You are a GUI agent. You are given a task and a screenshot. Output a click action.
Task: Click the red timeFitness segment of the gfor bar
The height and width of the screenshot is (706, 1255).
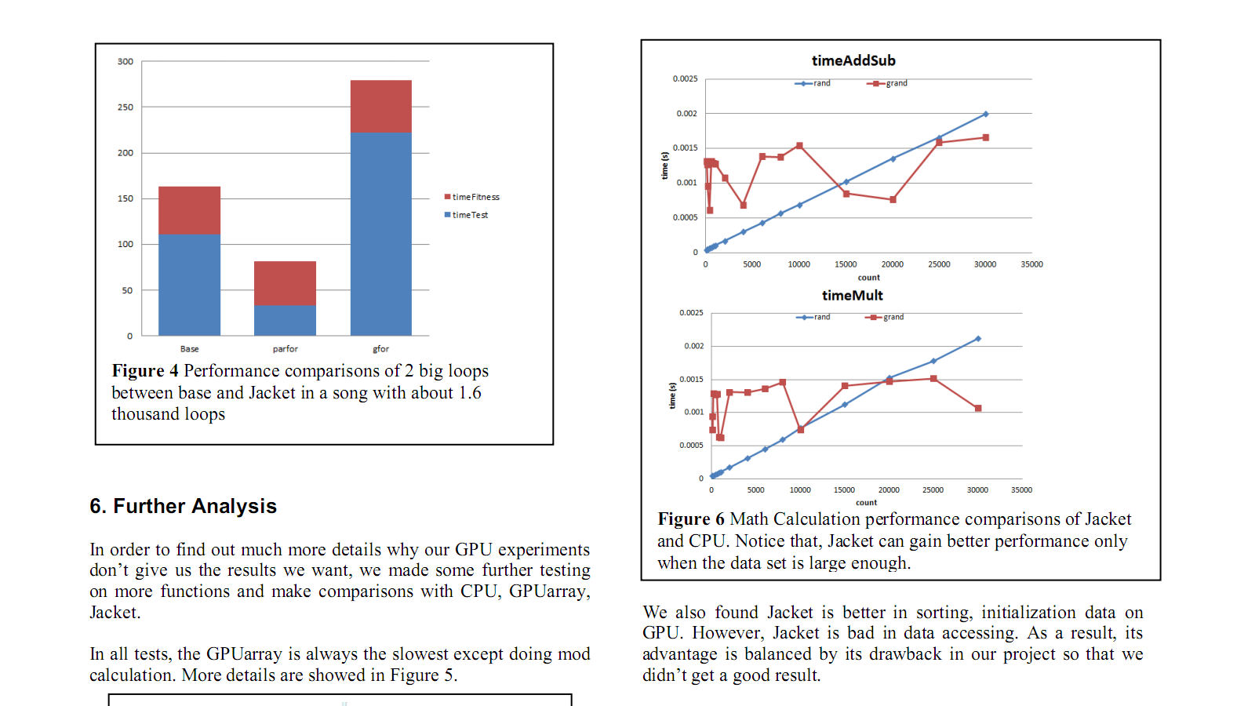pyautogui.click(x=380, y=107)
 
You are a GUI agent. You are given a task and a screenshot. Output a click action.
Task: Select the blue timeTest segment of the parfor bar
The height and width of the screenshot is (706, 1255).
pyautogui.click(x=285, y=320)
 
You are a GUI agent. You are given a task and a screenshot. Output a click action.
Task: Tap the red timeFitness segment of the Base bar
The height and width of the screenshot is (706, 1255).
pyautogui.click(x=189, y=210)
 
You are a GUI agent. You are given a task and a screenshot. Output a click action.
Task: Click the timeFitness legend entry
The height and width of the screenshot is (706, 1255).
pyautogui.click(x=471, y=197)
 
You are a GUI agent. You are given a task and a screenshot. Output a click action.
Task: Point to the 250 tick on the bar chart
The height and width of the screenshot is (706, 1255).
pyautogui.click(x=125, y=107)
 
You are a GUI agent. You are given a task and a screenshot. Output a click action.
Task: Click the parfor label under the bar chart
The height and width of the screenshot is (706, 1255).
pyautogui.click(x=285, y=349)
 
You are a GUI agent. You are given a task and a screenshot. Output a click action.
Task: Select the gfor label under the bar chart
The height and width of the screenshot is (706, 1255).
pyautogui.click(x=380, y=349)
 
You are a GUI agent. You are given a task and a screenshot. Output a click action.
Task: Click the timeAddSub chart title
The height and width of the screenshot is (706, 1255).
pyautogui.click(x=853, y=60)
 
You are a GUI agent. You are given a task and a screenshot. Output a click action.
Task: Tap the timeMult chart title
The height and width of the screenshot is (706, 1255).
pyautogui.click(x=852, y=296)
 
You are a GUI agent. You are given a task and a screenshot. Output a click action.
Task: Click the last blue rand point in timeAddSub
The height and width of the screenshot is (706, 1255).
pyautogui.click(x=985, y=115)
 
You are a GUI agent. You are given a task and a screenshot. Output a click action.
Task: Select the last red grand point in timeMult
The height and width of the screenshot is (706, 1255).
pyautogui.click(x=977, y=408)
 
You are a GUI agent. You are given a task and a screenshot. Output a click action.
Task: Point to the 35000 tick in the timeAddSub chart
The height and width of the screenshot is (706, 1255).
pyautogui.click(x=1031, y=264)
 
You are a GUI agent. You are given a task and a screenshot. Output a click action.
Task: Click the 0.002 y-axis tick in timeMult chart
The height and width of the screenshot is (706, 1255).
pyautogui.click(x=693, y=346)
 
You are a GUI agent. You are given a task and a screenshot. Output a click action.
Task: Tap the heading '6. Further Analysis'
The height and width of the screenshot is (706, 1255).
pyautogui.click(x=183, y=506)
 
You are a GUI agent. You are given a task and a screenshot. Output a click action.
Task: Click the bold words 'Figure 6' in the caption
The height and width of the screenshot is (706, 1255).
pyautogui.click(x=691, y=519)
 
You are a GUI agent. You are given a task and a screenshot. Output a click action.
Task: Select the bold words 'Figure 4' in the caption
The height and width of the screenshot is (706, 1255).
pyautogui.click(x=145, y=371)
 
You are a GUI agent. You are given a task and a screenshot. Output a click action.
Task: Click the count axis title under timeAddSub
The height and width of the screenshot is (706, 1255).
pyautogui.click(x=868, y=278)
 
